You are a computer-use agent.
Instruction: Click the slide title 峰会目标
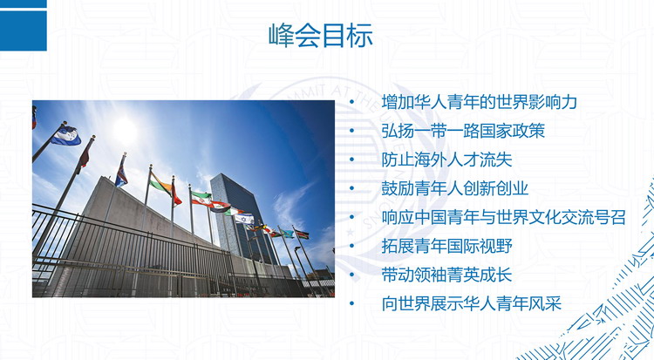(x=320, y=36)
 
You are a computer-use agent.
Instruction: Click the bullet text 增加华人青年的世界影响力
(x=479, y=102)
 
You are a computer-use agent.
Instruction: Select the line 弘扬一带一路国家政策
(x=463, y=131)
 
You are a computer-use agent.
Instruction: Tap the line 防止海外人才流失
(x=446, y=160)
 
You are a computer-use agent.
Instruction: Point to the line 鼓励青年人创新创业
(x=454, y=188)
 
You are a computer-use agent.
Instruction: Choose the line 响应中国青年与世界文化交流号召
(x=503, y=217)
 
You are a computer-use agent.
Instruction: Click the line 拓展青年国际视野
(x=446, y=246)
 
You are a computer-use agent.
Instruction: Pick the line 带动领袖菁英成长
(x=446, y=275)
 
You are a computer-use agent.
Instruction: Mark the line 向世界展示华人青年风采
(x=471, y=303)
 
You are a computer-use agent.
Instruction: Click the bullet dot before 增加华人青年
(x=352, y=102)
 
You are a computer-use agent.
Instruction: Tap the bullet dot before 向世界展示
(x=352, y=303)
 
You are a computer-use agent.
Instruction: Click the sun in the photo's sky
(x=125, y=130)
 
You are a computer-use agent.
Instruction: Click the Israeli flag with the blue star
(x=245, y=218)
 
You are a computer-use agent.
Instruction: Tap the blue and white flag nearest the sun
(x=66, y=136)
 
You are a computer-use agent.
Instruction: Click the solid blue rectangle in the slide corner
(x=24, y=31)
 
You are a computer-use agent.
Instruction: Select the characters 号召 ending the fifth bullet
(x=610, y=217)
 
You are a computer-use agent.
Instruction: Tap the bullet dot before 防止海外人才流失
(x=352, y=160)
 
